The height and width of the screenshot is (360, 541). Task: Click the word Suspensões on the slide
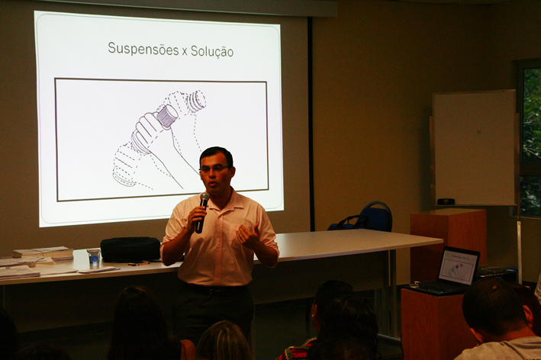tap(143, 49)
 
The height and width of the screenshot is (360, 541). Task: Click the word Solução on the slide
tap(212, 51)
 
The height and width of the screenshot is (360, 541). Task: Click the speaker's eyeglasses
tap(214, 169)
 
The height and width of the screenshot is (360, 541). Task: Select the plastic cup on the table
tap(94, 259)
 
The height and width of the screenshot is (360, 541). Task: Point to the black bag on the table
tap(130, 249)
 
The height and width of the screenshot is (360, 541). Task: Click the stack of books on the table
tap(43, 252)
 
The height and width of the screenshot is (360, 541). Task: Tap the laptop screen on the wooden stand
tap(458, 266)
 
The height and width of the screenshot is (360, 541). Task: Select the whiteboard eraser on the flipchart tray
tap(446, 201)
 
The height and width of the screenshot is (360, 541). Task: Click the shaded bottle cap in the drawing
tap(167, 116)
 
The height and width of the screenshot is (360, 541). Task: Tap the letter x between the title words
tap(185, 52)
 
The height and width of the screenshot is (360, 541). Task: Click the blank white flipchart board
tap(475, 148)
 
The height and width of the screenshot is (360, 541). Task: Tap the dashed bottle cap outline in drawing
tap(197, 100)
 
